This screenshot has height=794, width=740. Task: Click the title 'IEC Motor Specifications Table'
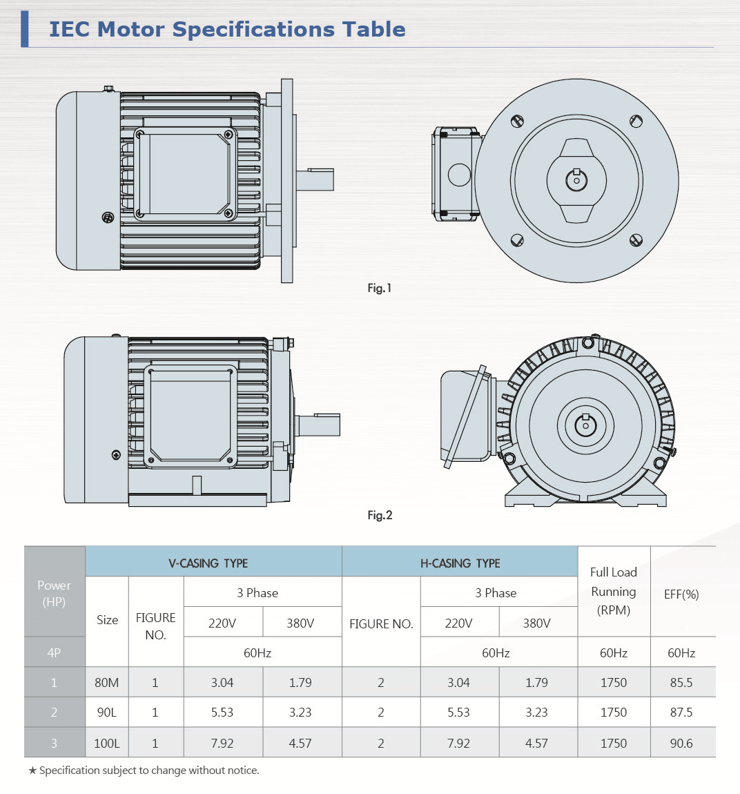pos(227,30)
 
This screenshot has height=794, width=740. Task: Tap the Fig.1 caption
pos(379,288)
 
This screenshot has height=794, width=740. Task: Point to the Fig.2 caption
pos(380,515)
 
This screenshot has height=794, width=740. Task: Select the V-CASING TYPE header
pos(208,563)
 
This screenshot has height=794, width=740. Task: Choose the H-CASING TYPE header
pos(460,563)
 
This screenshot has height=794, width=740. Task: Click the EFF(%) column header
pos(681,594)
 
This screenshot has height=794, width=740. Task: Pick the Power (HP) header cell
pos(54,593)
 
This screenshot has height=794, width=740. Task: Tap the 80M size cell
pos(106,683)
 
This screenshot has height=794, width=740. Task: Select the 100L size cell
pos(106,744)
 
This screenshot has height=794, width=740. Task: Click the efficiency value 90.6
pos(681,744)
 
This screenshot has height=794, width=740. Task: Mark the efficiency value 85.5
pos(681,683)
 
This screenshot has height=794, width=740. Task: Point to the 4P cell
pos(54,653)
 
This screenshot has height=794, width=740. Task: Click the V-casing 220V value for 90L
pos(222,713)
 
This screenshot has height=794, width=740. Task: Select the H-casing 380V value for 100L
pos(536,744)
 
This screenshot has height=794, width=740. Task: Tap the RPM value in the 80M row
pos(613,683)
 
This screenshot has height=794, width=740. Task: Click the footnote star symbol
pos(32,771)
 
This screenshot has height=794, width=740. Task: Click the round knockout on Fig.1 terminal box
pos(459,175)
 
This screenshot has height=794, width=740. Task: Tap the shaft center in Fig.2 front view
pos(585,425)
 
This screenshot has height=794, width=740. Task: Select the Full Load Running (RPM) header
pos(613,591)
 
